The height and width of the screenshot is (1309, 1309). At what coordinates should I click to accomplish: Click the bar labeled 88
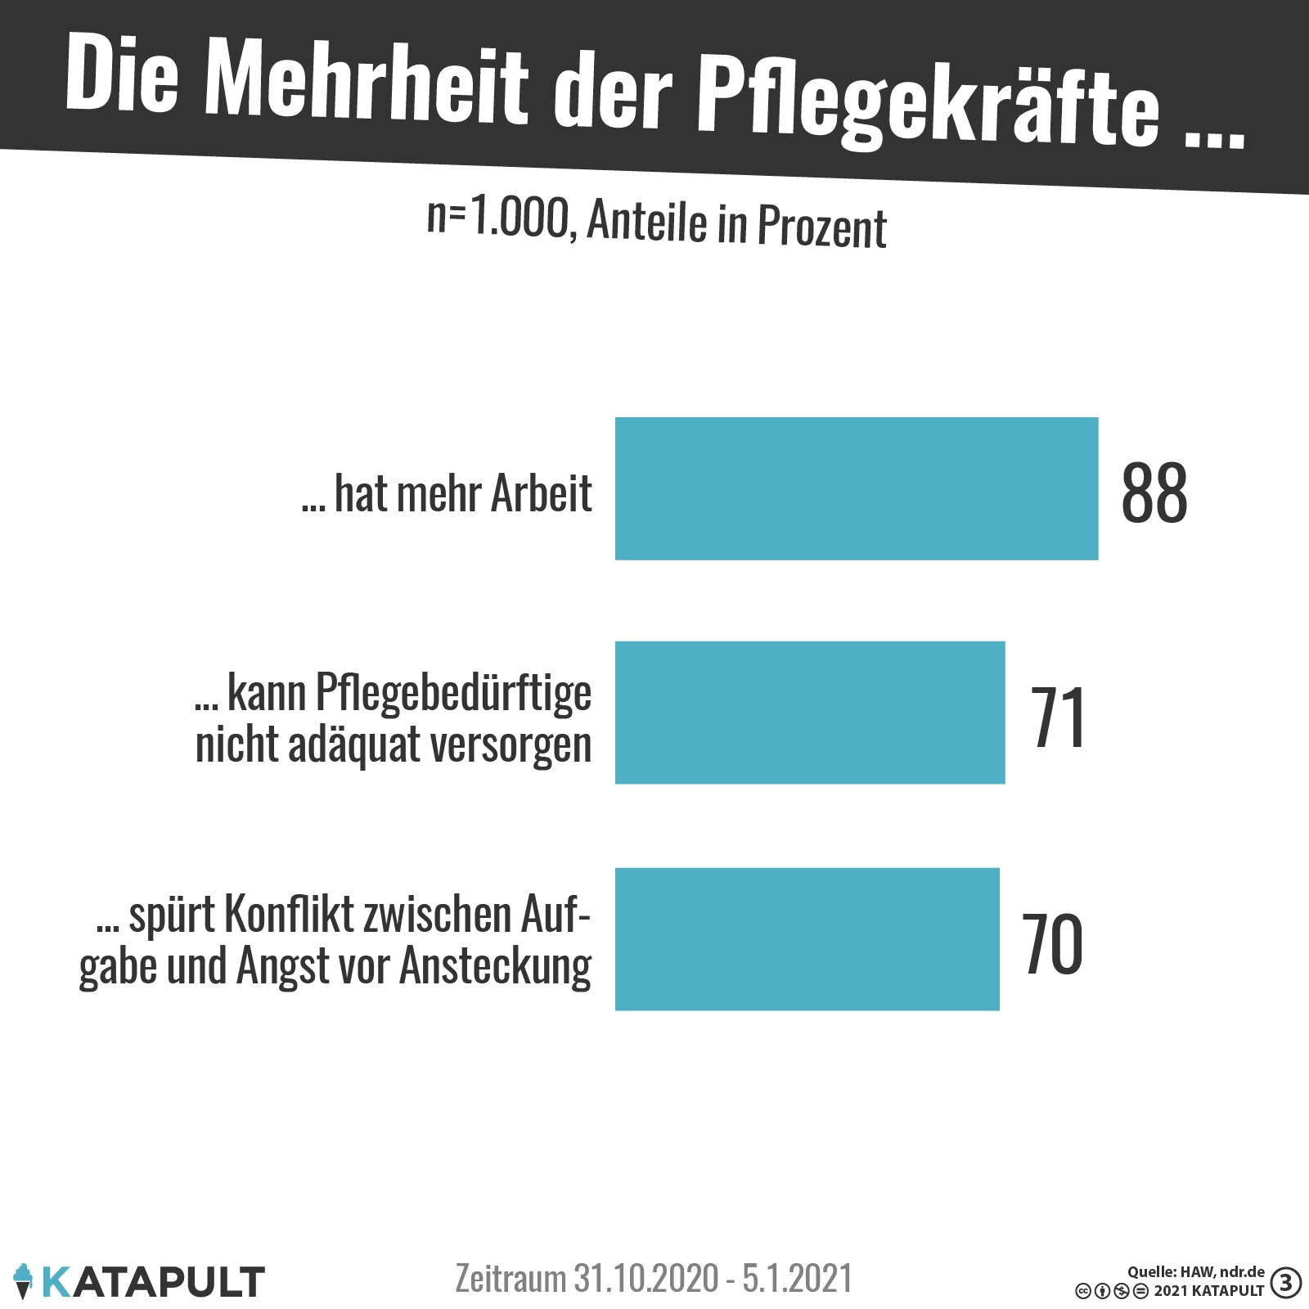(856, 488)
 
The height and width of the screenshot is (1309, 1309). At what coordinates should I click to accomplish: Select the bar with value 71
(809, 712)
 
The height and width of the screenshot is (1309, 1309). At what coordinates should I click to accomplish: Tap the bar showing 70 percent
(807, 938)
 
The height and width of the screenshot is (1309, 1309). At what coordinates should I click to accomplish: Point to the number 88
(1154, 493)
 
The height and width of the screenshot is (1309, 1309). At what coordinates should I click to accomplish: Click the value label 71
(1058, 717)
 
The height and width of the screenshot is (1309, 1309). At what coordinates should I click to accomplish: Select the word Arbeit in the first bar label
(542, 493)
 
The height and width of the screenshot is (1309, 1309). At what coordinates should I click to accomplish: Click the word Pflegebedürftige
(452, 693)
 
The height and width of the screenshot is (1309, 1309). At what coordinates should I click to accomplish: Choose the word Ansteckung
(495, 967)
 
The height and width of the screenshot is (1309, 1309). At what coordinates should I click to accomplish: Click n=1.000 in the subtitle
(497, 218)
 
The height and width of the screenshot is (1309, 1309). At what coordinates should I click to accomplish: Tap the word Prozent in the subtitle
(821, 227)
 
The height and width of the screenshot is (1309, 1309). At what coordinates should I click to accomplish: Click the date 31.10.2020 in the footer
(646, 1278)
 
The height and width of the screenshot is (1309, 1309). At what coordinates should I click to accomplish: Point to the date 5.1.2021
(797, 1278)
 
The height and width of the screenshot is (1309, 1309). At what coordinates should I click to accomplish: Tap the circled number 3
(1286, 1282)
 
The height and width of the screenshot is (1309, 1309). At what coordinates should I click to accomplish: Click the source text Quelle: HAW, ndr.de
(1195, 1271)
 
